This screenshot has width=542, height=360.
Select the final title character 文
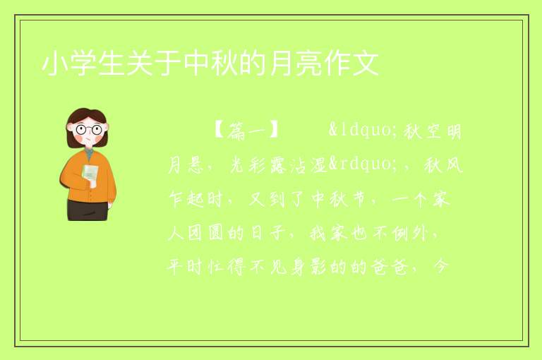366,64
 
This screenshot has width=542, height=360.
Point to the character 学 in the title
83,64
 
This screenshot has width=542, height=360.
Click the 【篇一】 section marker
246,131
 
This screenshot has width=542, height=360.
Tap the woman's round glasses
89,129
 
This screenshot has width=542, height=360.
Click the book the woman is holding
90,174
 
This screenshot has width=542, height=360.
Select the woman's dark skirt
88,210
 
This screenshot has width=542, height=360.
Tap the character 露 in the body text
277,165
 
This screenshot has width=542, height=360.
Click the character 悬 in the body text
195,165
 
